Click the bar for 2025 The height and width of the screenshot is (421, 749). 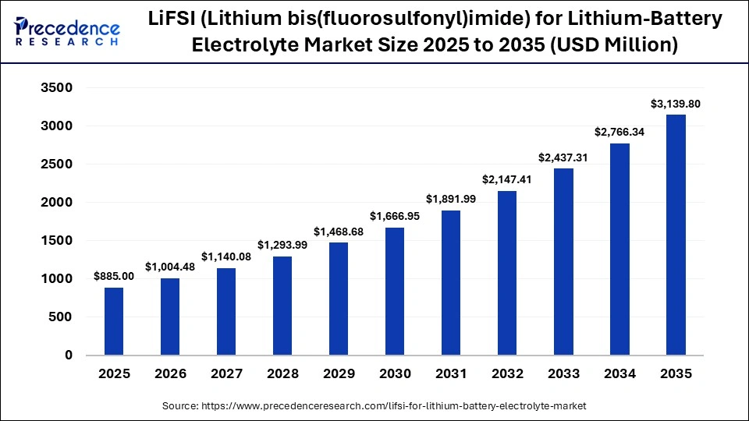[x=114, y=321]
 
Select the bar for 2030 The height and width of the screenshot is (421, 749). [x=395, y=291]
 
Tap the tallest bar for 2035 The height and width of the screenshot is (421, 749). [x=676, y=235]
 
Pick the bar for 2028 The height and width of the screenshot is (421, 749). [x=282, y=306]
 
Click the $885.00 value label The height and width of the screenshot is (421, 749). [x=114, y=276]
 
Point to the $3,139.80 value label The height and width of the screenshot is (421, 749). [x=676, y=104]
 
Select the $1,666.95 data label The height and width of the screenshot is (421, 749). [x=395, y=216]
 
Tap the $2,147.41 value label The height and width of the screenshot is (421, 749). [x=507, y=179]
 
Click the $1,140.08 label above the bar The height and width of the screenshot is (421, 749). [x=226, y=256]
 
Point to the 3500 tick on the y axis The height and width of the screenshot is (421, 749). [x=56, y=88]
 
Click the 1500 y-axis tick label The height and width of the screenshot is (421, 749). [x=56, y=241]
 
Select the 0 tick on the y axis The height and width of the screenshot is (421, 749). [x=68, y=356]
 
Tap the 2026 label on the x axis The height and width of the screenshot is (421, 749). [x=170, y=374]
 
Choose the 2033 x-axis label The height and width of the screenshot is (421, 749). [x=563, y=374]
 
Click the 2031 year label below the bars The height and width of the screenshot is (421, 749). [x=451, y=374]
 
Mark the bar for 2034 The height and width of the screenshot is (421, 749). [x=619, y=249]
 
